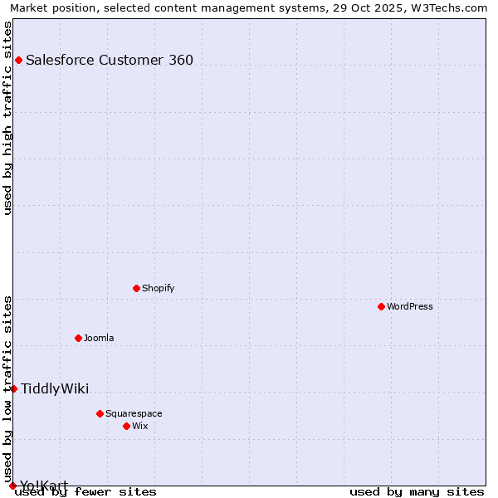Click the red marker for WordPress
tap(381, 306)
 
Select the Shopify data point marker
tap(136, 288)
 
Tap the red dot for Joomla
tap(78, 338)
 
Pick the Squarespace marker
tap(100, 413)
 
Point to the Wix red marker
tap(126, 426)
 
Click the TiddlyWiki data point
tap(13, 388)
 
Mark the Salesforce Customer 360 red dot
tap(18, 60)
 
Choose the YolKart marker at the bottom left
tap(12, 486)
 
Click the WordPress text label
tap(410, 306)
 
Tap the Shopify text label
tap(158, 288)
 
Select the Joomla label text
tap(99, 338)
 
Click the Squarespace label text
tap(134, 413)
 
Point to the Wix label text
tap(140, 426)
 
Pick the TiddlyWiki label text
tap(55, 388)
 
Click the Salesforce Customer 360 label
tap(110, 60)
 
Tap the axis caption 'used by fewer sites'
tap(86, 491)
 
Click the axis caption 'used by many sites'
tap(417, 491)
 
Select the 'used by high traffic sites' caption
tap(7, 118)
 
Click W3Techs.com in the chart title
tap(453, 7)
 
